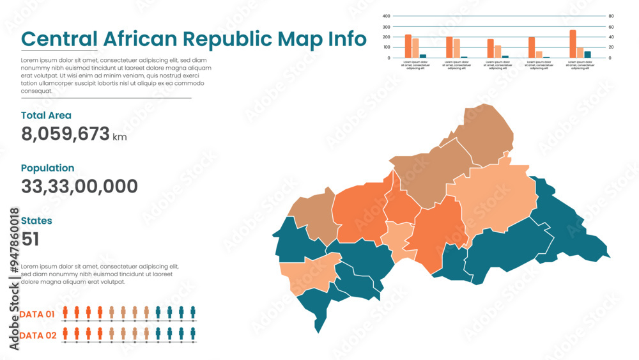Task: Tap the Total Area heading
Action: [46, 116]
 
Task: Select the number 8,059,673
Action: [65, 134]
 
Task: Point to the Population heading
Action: [47, 168]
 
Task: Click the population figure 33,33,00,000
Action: [79, 187]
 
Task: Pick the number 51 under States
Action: [30, 239]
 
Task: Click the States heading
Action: [36, 221]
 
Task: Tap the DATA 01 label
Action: [37, 315]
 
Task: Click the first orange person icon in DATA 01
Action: [65, 312]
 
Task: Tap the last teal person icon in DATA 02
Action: [193, 333]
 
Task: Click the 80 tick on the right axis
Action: [610, 16]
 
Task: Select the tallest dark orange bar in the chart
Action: [573, 44]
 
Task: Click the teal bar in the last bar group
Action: [587, 55]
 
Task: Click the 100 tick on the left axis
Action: [386, 47]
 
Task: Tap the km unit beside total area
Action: [119, 137]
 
